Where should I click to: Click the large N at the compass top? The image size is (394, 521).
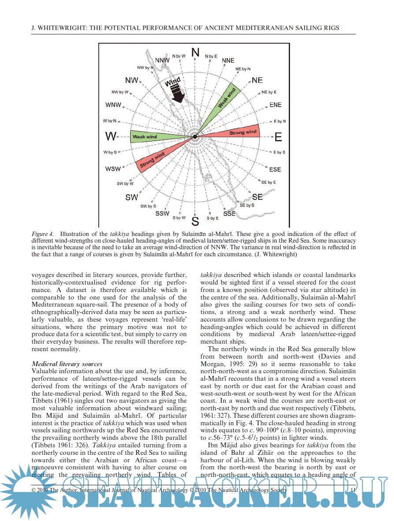pyautogui.click(x=195, y=52)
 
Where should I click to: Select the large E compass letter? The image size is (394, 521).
pyautogui.click(x=278, y=137)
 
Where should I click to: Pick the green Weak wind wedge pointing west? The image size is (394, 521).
pyautogui.click(x=150, y=136)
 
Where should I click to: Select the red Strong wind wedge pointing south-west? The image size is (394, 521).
pyautogui.click(x=154, y=161)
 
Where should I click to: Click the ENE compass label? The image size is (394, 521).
pyautogui.click(x=275, y=105)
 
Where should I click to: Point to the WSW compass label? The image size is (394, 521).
pyautogui.click(x=113, y=169)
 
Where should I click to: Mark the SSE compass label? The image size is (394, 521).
pyautogui.click(x=229, y=214)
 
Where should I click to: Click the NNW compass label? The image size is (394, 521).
pyautogui.click(x=163, y=60)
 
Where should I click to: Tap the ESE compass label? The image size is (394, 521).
pyautogui.click(x=275, y=169)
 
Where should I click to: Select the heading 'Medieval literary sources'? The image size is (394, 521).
pyautogui.click(x=67, y=364)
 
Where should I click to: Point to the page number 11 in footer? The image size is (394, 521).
pyautogui.click(x=353, y=490)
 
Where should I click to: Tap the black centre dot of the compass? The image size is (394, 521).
pyautogui.click(x=194, y=137)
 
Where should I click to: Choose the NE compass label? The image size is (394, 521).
pyautogui.click(x=257, y=80)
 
